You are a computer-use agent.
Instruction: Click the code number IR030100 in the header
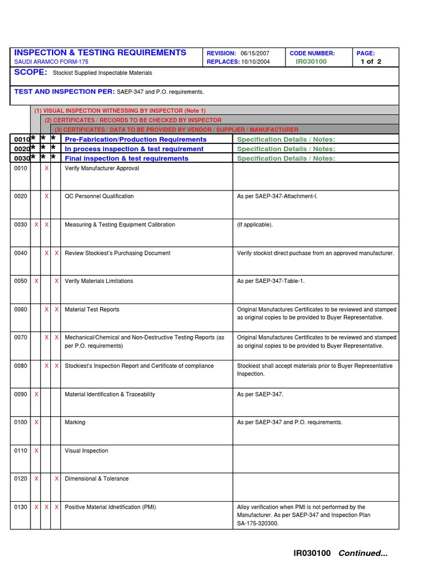(x=311, y=61)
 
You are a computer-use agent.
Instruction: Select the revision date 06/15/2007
(x=256, y=53)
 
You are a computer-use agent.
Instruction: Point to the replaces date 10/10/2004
(x=256, y=61)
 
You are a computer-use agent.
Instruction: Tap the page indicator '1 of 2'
(x=371, y=61)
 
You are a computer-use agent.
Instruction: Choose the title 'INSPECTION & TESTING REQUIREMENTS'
(x=100, y=52)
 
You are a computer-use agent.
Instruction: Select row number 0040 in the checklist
(x=20, y=253)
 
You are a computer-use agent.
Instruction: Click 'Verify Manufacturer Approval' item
(x=102, y=168)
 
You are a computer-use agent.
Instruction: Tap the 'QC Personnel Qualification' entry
(x=99, y=196)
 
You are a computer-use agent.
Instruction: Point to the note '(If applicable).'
(x=255, y=225)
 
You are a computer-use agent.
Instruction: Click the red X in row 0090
(x=37, y=394)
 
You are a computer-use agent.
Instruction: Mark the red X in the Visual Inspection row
(x=37, y=451)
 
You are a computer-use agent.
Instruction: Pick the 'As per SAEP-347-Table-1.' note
(x=271, y=281)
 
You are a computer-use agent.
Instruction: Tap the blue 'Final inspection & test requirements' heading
(x=127, y=158)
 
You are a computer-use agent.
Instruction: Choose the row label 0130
(x=20, y=507)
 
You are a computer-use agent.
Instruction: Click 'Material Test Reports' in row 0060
(x=92, y=310)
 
